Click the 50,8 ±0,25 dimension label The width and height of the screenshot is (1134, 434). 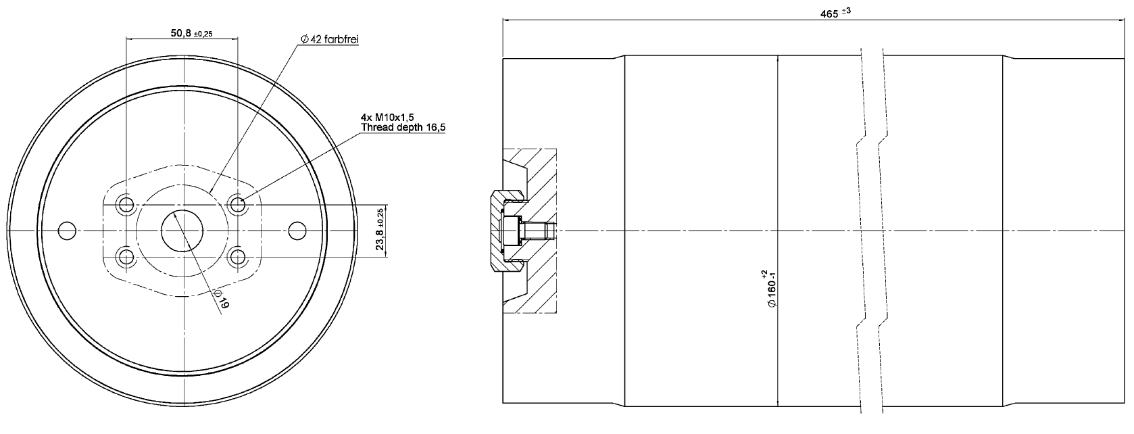pyautogui.click(x=191, y=33)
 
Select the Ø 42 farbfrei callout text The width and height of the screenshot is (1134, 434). pyautogui.click(x=330, y=39)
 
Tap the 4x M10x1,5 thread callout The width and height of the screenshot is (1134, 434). pyautogui.click(x=387, y=118)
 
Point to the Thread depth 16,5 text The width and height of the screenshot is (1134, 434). pyautogui.click(x=403, y=127)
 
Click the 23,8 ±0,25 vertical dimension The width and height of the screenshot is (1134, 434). pyautogui.click(x=380, y=231)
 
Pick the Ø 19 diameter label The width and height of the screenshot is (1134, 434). pyautogui.click(x=222, y=299)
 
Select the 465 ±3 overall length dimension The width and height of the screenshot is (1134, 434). pyautogui.click(x=835, y=13)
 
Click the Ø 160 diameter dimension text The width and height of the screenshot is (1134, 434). pyautogui.click(x=770, y=289)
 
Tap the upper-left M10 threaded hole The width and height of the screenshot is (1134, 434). pyautogui.click(x=125, y=205)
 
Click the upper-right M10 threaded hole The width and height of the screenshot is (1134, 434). pyautogui.click(x=237, y=205)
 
